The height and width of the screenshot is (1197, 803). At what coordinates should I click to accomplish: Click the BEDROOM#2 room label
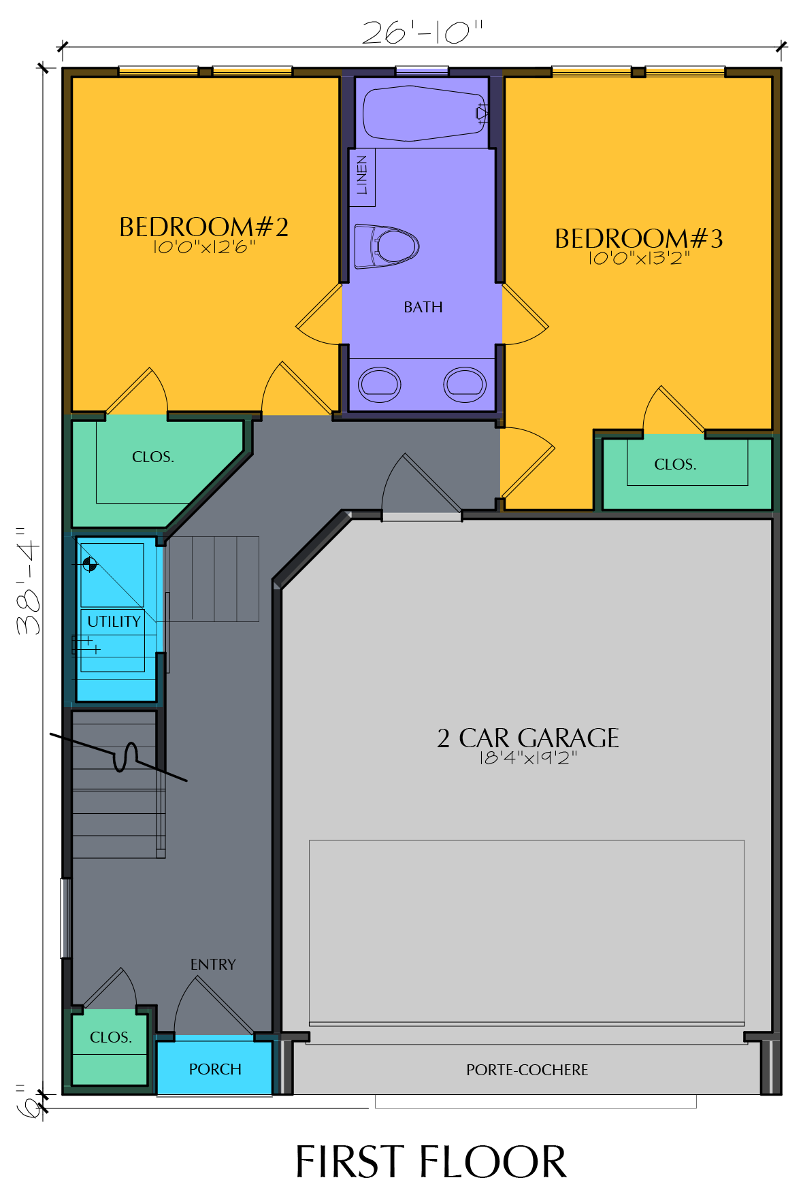(x=203, y=227)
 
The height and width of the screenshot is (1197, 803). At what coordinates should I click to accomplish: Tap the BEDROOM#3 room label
(x=638, y=239)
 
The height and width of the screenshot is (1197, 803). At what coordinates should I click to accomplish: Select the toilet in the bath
(x=387, y=246)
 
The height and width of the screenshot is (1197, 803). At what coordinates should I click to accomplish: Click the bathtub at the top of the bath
(x=425, y=113)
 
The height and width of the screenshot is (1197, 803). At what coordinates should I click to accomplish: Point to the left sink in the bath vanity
(x=380, y=384)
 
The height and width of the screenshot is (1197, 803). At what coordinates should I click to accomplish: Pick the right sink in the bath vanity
(x=465, y=384)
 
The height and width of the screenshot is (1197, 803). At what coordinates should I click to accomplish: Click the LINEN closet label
(x=362, y=175)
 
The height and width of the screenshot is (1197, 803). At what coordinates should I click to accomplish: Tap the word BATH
(x=423, y=308)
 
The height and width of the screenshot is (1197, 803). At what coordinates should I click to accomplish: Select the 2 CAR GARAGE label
(x=528, y=738)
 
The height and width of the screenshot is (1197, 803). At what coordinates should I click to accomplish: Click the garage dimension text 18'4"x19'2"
(x=528, y=758)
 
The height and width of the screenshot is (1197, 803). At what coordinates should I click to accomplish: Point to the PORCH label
(x=215, y=1069)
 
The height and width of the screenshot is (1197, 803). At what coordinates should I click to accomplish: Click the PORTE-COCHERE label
(x=527, y=1070)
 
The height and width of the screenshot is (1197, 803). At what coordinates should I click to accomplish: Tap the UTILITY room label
(x=114, y=621)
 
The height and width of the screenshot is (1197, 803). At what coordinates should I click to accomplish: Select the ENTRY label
(x=213, y=964)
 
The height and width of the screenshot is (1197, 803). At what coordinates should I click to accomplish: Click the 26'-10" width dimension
(x=422, y=32)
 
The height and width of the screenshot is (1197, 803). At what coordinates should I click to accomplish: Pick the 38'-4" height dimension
(x=29, y=580)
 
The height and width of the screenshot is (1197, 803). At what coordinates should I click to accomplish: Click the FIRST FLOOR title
(x=431, y=1162)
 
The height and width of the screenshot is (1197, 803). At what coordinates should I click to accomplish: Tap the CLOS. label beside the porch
(x=111, y=1037)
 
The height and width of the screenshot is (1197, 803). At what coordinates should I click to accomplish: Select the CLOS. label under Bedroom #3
(x=675, y=464)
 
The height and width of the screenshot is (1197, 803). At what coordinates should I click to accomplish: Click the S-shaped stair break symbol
(x=126, y=757)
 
